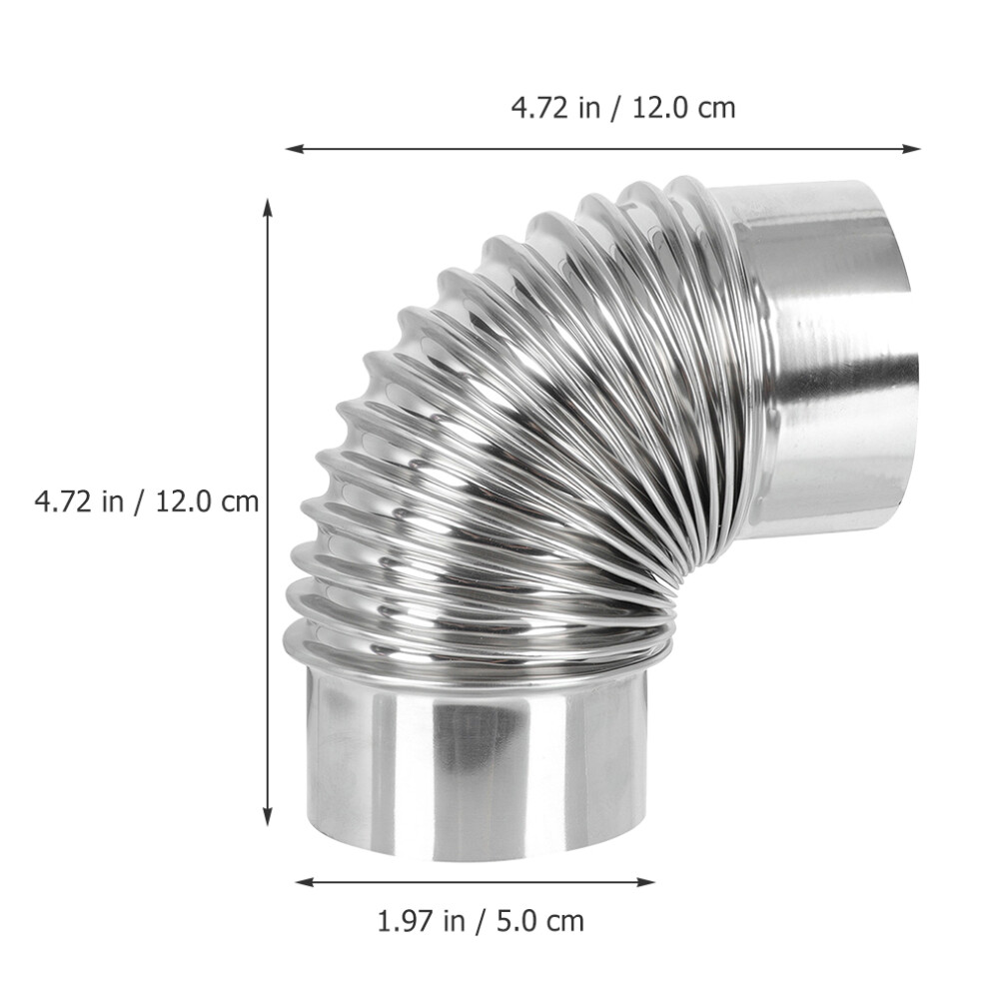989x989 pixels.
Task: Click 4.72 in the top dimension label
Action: click(x=539, y=107)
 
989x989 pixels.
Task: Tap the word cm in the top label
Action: click(x=716, y=110)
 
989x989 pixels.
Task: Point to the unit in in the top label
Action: click(x=588, y=107)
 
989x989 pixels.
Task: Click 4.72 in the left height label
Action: click(x=63, y=501)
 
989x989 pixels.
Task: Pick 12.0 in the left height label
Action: click(x=183, y=501)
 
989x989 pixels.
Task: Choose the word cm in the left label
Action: click(x=239, y=503)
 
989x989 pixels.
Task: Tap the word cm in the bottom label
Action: click(x=564, y=924)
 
